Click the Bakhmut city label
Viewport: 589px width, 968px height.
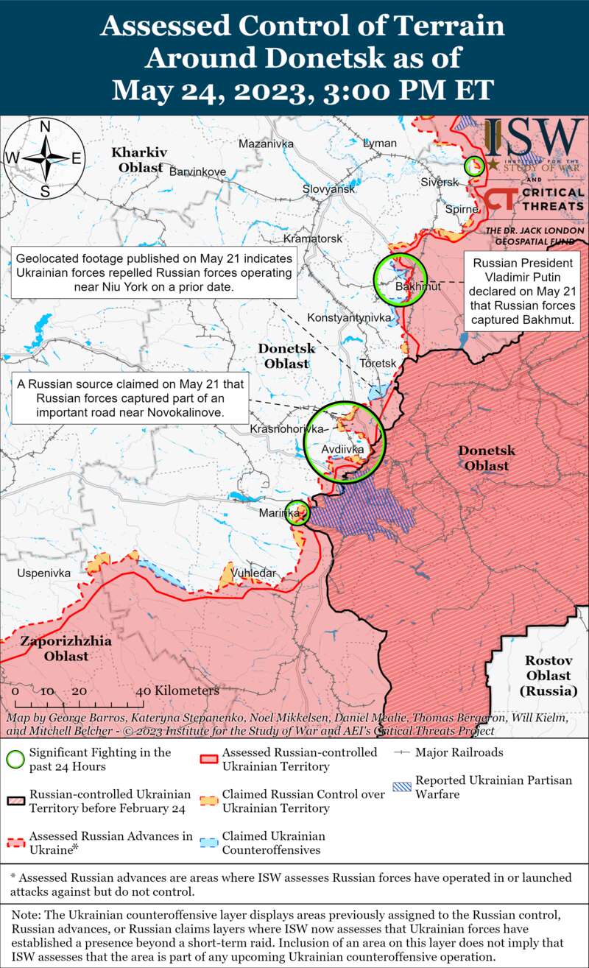417,286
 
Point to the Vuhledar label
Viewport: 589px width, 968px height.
253,573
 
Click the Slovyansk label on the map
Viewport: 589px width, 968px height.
328,189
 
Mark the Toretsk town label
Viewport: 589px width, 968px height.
378,364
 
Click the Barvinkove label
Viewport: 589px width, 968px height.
197,172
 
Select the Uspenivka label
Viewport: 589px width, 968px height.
44,572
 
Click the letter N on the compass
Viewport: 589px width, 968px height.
44,127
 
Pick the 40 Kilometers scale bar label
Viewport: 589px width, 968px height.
178,691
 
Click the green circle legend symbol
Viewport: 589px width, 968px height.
15,759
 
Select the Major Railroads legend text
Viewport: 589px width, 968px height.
459,752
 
